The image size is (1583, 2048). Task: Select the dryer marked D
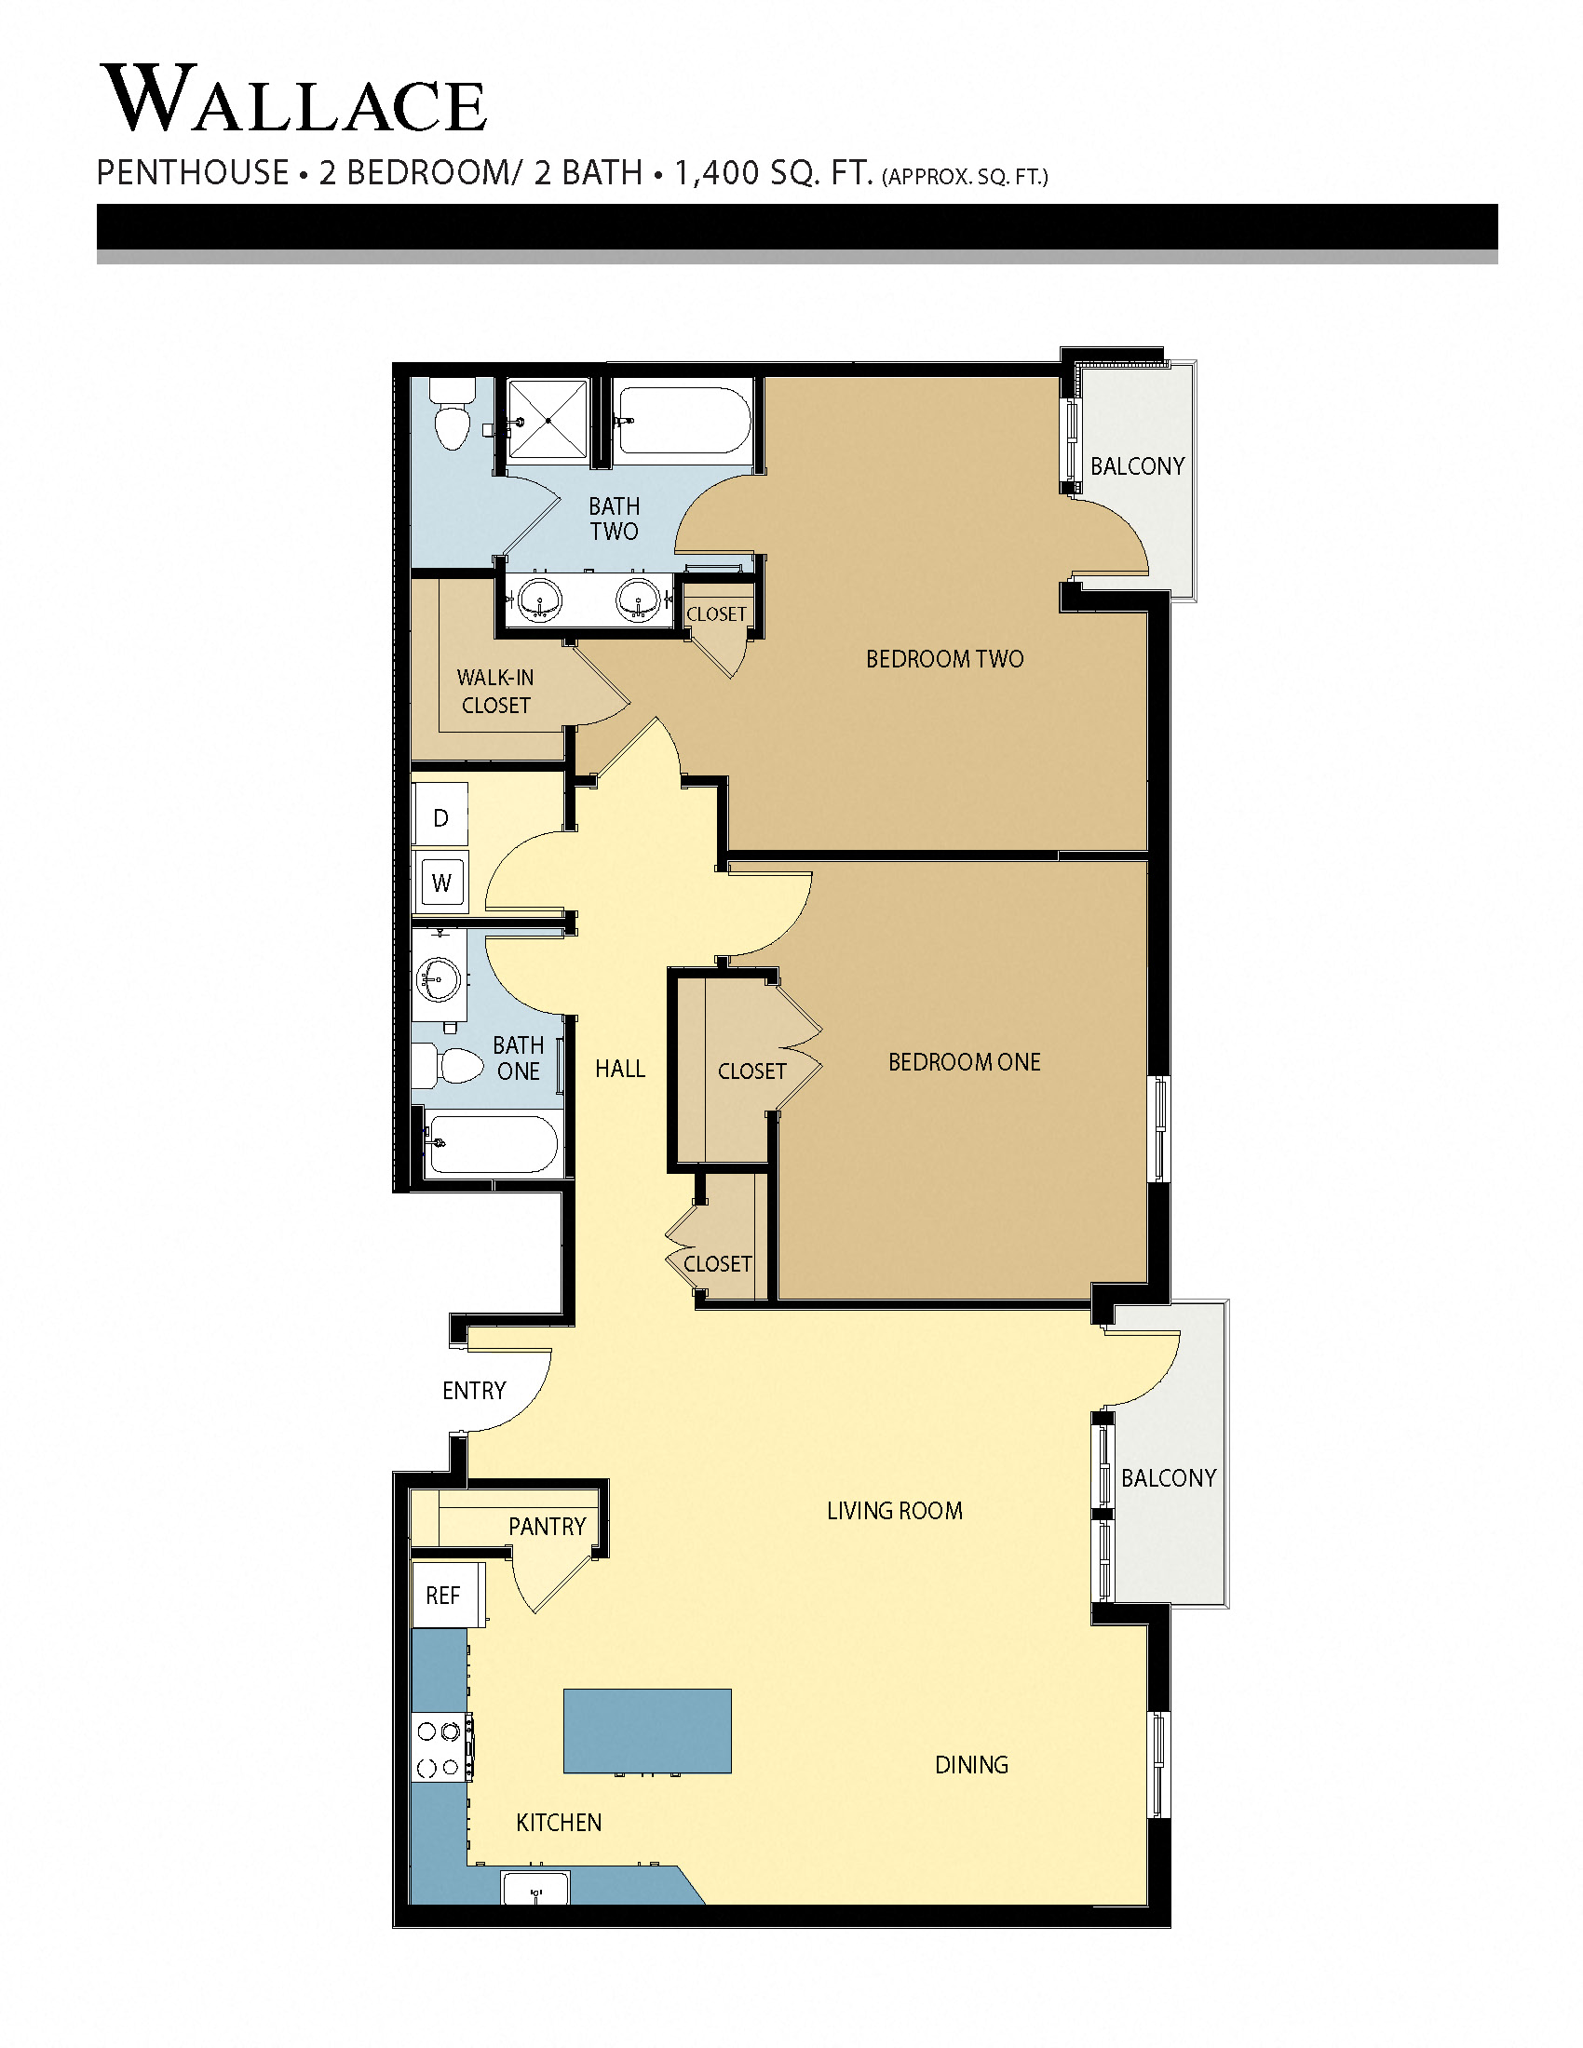440,817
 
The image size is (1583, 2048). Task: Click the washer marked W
441,882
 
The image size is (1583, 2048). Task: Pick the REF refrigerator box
443,1595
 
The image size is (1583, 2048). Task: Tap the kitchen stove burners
440,1749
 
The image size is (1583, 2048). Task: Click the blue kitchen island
647,1731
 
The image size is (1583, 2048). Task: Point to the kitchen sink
535,1888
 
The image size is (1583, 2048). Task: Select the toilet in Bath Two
453,414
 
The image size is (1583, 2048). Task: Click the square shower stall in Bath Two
548,419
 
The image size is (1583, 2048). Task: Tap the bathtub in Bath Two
683,421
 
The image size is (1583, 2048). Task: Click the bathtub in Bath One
491,1144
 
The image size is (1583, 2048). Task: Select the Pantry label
547,1527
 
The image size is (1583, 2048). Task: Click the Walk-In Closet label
495,691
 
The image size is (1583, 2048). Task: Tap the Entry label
474,1391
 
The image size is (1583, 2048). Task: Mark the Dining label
971,1765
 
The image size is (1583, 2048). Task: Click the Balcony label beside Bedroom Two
1137,466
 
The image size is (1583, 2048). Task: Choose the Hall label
620,1068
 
